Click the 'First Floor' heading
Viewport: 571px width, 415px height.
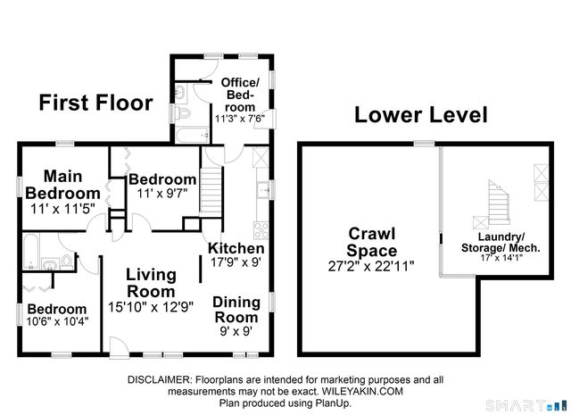point(95,103)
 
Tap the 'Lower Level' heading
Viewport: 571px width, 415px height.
point(420,115)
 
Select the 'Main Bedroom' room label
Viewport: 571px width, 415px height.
point(62,184)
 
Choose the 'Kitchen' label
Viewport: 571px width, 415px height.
point(236,248)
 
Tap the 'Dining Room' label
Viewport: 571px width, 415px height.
point(236,309)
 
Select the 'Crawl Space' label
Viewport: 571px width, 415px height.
point(371,242)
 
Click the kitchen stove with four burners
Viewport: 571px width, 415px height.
point(261,212)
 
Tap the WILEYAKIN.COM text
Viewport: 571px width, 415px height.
point(358,390)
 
